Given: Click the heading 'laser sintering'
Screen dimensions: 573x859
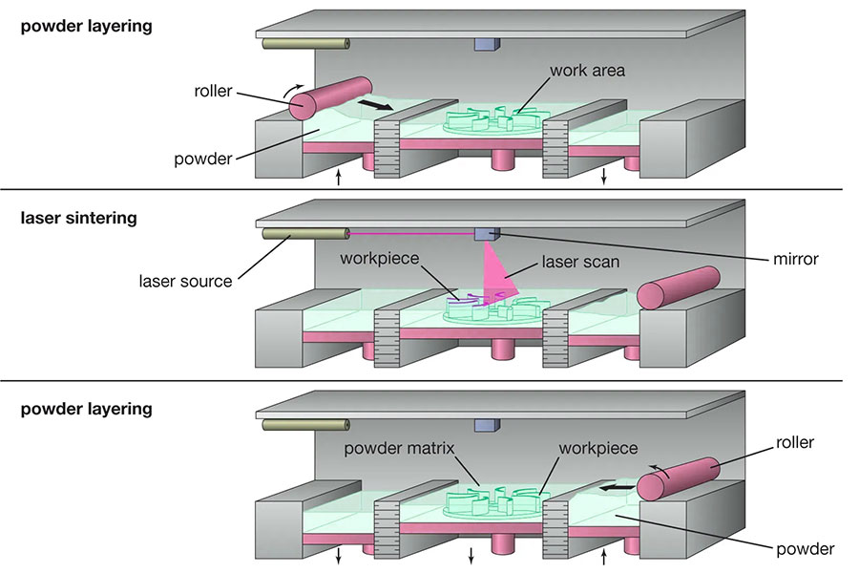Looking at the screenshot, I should [x=78, y=218].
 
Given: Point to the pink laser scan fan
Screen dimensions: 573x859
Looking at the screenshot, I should [x=500, y=272].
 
